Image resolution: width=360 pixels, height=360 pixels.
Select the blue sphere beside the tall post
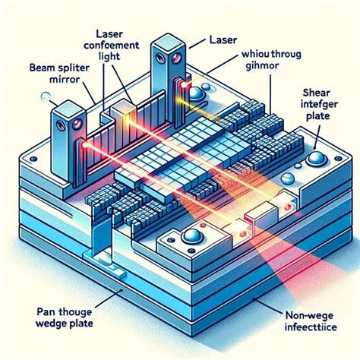point(197,93)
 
